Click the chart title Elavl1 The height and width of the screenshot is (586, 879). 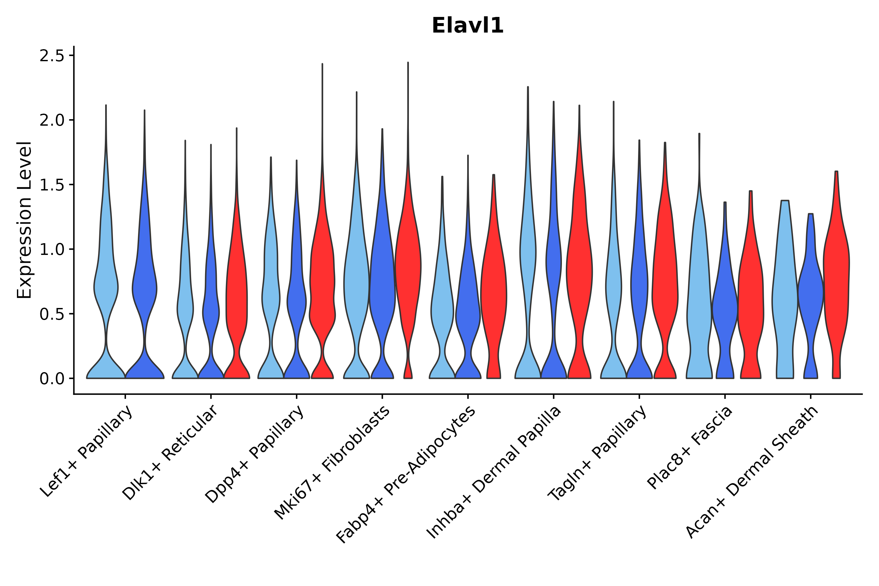pos(467,26)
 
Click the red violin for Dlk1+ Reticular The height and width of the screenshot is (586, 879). pos(236,299)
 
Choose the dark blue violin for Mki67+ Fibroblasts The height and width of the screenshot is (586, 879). pos(382,291)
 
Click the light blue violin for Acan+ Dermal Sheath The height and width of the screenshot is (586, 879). pos(785,291)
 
